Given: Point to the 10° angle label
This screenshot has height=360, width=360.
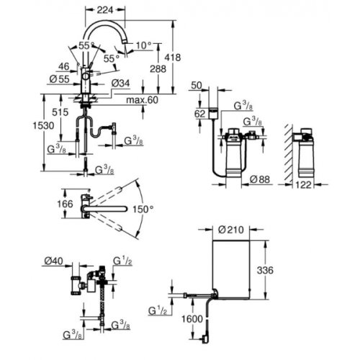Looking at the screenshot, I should pos(144,45).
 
